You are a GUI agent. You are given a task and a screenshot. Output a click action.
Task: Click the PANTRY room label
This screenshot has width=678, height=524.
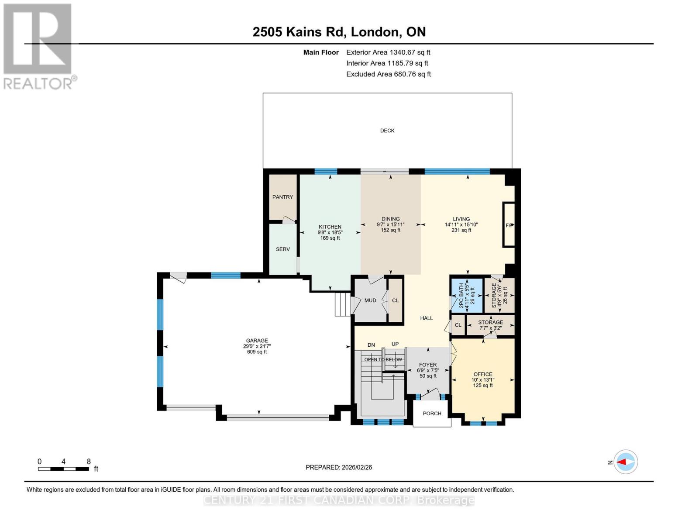click(x=282, y=197)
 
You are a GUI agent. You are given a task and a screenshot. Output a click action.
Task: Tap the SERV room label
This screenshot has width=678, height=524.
click(x=282, y=249)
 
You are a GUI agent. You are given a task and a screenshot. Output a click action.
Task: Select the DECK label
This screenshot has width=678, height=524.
click(x=387, y=131)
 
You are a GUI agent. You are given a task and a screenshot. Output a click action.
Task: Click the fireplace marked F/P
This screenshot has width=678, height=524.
click(x=509, y=225)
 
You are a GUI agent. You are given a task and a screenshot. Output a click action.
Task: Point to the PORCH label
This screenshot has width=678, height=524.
click(x=432, y=414)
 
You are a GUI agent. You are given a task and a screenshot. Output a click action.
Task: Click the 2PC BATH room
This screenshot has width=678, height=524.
click(x=466, y=296)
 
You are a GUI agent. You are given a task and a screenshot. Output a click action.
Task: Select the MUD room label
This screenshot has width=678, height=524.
click(x=370, y=300)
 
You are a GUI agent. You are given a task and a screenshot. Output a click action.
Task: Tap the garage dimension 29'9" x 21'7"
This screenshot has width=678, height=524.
click(x=257, y=346)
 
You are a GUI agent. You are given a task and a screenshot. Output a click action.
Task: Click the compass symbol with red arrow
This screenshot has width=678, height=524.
click(x=626, y=462)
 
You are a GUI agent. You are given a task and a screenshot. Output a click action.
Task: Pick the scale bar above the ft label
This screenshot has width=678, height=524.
click(x=64, y=469)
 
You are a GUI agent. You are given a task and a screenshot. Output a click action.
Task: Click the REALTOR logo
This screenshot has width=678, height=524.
click(x=38, y=46)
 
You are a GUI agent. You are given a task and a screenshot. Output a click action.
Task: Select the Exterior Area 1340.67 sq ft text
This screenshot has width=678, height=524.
click(x=388, y=52)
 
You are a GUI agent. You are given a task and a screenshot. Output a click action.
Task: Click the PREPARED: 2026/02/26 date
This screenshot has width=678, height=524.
click(x=339, y=467)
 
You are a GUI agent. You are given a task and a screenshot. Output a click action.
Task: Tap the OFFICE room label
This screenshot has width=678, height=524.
click(x=482, y=374)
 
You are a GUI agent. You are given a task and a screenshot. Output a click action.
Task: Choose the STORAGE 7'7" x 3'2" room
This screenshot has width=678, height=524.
click(x=490, y=325)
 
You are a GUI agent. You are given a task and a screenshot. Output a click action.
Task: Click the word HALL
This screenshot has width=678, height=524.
click(x=426, y=318)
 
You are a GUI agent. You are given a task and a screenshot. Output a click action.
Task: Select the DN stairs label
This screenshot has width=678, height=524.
click(x=371, y=345)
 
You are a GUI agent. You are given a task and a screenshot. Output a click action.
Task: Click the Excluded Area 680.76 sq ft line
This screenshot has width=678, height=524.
click(x=388, y=74)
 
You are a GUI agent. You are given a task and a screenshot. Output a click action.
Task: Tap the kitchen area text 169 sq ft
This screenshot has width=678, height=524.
click(x=330, y=238)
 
